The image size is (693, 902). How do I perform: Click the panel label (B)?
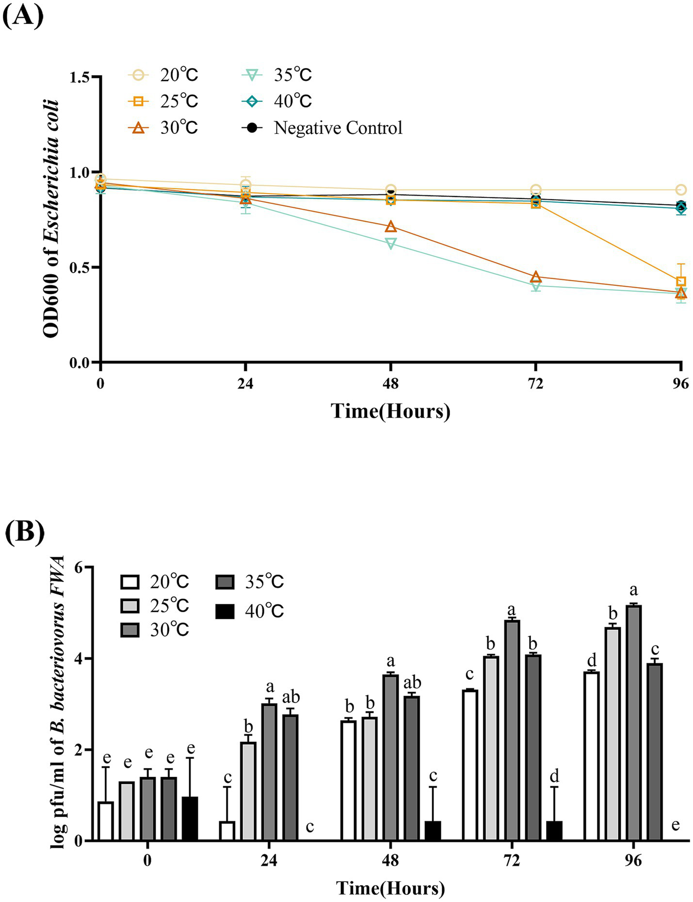(24, 532)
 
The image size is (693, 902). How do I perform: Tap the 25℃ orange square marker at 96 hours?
(681, 281)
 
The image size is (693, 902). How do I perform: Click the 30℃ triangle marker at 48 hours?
(390, 227)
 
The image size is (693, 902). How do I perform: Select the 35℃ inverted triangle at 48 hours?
(390, 244)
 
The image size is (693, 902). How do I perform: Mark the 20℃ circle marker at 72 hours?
(536, 190)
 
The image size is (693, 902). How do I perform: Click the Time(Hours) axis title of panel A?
(390, 411)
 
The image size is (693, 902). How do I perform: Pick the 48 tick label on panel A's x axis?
(390, 384)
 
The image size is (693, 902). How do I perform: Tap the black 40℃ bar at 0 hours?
(190, 819)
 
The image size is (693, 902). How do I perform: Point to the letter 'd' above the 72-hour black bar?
(554, 776)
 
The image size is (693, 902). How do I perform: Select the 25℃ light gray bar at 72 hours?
(491, 748)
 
